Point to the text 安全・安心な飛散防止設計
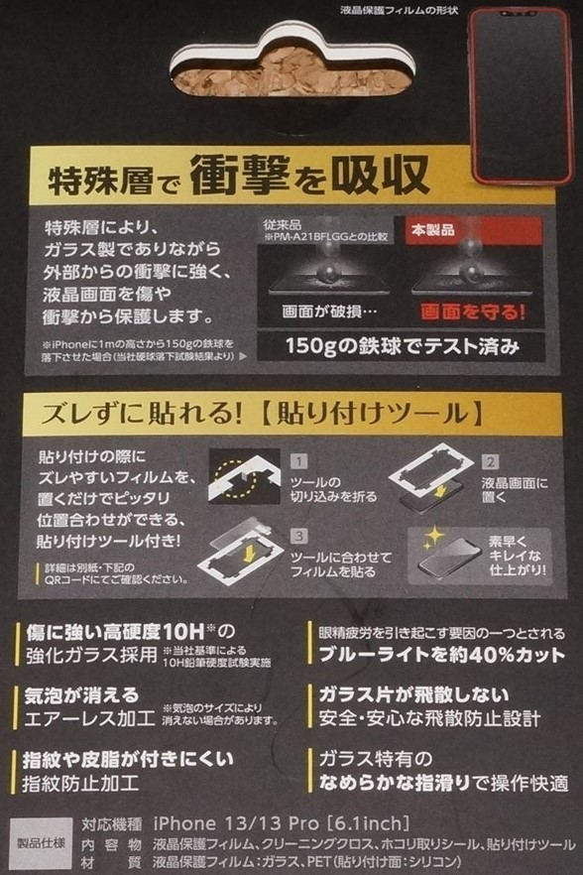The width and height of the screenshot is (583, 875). [x=428, y=718]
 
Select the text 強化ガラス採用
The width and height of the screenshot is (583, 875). [x=97, y=655]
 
